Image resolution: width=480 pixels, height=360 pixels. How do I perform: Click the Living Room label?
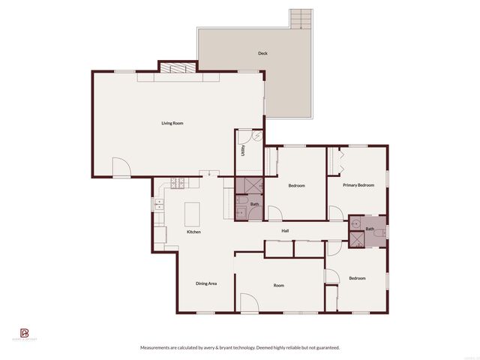[x=172, y=123]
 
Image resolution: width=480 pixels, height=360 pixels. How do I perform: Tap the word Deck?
[x=262, y=53]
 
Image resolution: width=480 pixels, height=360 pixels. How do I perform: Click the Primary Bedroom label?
[x=358, y=184]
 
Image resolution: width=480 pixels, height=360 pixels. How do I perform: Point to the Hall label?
[x=285, y=231]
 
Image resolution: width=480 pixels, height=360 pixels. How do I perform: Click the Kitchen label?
[x=193, y=232]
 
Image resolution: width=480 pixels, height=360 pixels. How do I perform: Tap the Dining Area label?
[x=206, y=283]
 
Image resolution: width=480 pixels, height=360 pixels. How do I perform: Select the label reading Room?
[x=278, y=285]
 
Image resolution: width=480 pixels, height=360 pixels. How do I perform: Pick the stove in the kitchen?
[x=178, y=182]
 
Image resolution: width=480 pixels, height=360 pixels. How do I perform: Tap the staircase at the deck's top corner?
[x=300, y=19]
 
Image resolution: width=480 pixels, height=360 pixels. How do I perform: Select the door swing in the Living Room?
[x=120, y=168]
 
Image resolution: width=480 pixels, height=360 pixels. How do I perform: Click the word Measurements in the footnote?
[x=157, y=347]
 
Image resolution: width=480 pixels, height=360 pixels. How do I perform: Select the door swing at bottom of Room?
[x=248, y=303]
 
